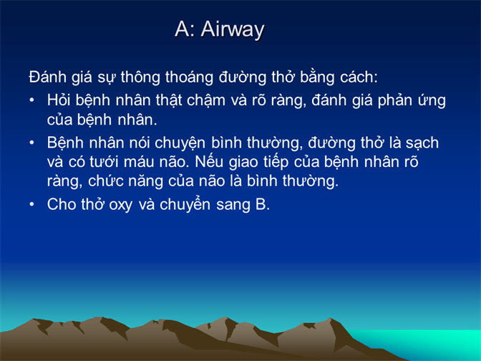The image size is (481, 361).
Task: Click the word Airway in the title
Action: pyautogui.click(x=233, y=30)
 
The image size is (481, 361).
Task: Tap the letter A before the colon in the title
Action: pyautogui.click(x=183, y=29)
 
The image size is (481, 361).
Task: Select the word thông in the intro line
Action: pyautogui.click(x=140, y=77)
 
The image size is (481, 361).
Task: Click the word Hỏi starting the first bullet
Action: pyautogui.click(x=59, y=100)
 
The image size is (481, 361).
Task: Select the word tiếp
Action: pyautogui.click(x=276, y=162)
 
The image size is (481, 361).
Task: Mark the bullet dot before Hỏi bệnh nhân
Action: pyautogui.click(x=31, y=100)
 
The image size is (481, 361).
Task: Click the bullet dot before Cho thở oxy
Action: pyautogui.click(x=31, y=204)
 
